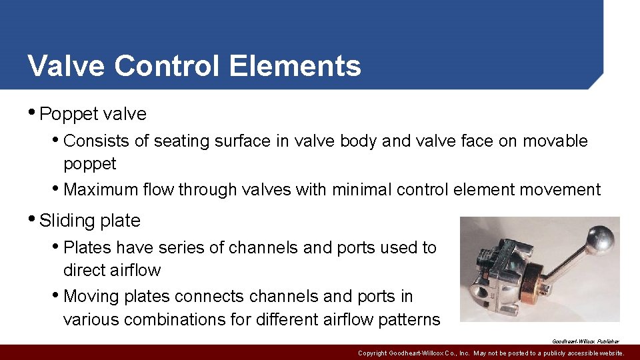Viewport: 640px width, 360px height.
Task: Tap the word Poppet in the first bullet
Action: tap(65, 114)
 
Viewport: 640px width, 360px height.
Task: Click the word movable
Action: tap(555, 141)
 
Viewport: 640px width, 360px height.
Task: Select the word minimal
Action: tap(361, 190)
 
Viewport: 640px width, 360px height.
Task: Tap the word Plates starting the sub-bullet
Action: tap(87, 248)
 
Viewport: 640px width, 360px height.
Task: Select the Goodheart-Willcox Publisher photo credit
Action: tap(585, 341)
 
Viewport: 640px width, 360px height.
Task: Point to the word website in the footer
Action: tap(609, 353)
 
